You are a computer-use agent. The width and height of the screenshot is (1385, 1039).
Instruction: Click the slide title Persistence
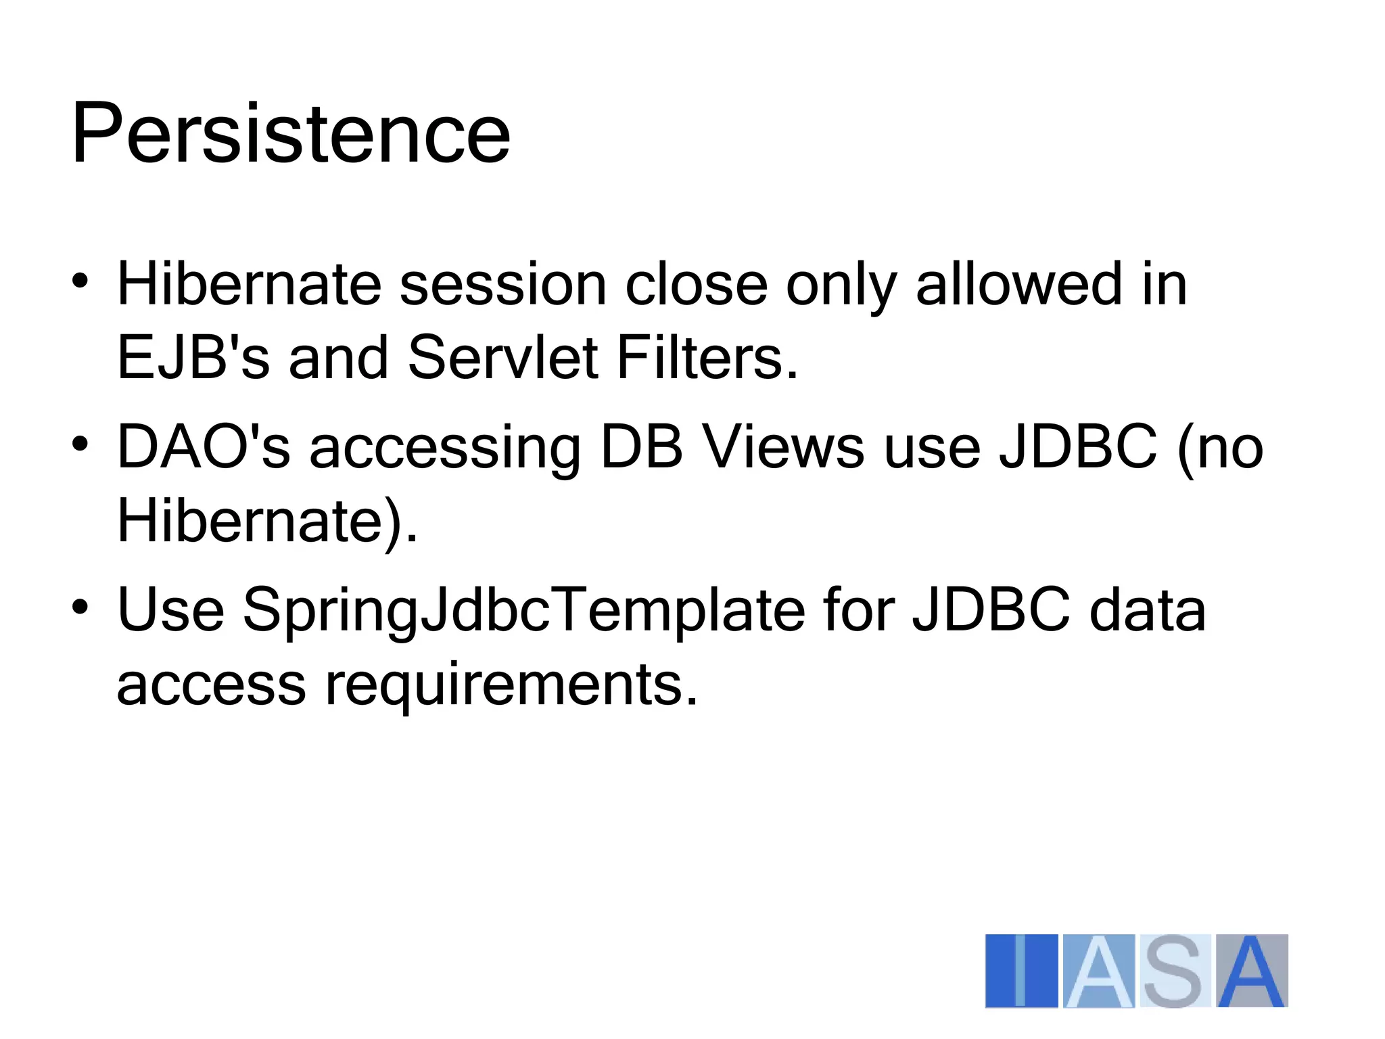[x=291, y=133]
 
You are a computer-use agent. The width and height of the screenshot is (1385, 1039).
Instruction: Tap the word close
[x=696, y=285]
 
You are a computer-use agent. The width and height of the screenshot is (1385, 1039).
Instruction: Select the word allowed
[x=1018, y=285]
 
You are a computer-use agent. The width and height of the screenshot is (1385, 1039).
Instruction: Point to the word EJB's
[x=193, y=358]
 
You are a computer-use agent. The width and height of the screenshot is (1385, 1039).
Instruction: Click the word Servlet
[x=502, y=358]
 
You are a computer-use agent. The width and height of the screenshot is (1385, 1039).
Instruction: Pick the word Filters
[x=707, y=358]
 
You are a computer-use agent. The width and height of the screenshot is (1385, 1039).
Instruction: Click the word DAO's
[x=203, y=447]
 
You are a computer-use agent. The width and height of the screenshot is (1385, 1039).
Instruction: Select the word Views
[x=783, y=447]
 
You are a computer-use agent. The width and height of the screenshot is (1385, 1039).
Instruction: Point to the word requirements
[x=511, y=685]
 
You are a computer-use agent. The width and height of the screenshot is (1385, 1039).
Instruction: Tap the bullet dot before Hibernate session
[x=80, y=280]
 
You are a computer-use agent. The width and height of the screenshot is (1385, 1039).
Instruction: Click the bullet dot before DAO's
[x=80, y=444]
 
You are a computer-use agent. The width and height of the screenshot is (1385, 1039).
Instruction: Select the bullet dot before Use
[x=80, y=606]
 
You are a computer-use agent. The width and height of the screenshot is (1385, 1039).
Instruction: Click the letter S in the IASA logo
[x=1174, y=971]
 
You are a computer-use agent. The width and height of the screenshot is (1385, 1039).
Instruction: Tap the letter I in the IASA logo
[x=1021, y=971]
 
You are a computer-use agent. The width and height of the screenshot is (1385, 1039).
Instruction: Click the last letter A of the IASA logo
[x=1251, y=971]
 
